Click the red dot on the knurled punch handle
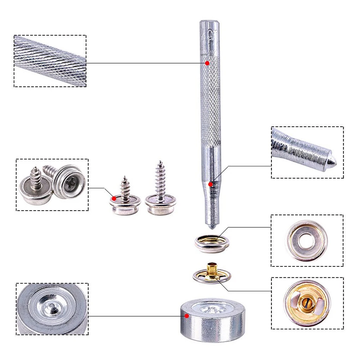(207, 63)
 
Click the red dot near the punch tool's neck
(210, 184)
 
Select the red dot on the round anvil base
(186, 316)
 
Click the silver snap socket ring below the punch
(212, 244)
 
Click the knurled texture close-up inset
(50, 61)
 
